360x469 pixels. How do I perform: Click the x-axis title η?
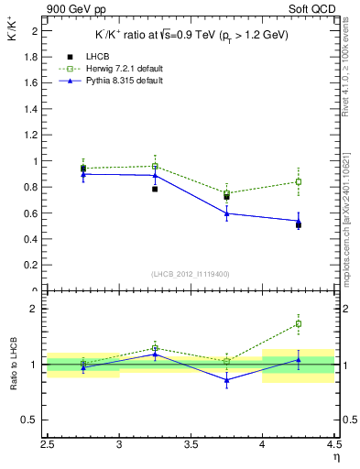(x=336, y=459)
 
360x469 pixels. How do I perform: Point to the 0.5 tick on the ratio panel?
(x=34, y=420)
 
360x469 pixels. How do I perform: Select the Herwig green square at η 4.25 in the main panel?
(x=299, y=181)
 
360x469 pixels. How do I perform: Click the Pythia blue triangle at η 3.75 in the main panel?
(x=226, y=213)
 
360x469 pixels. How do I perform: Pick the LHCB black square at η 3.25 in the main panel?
(x=155, y=189)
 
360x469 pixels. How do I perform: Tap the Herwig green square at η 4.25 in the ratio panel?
(x=299, y=323)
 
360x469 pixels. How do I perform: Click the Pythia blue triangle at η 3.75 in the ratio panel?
(x=226, y=380)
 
